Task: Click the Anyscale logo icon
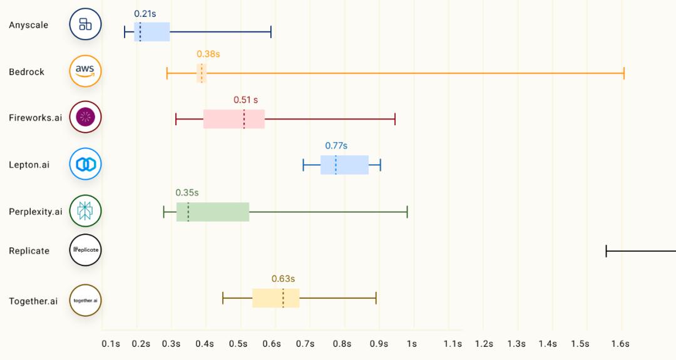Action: (85, 24)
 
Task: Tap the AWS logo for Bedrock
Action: (85, 71)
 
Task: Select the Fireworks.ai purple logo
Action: (85, 116)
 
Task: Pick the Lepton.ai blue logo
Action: (85, 164)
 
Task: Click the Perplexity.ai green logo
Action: (85, 211)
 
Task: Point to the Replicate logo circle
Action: (85, 250)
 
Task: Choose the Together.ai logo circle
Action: (85, 301)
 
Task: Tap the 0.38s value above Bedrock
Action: (208, 54)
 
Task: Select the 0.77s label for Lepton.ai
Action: (336, 145)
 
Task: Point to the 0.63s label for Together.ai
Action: (283, 279)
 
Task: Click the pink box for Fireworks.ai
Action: (233, 119)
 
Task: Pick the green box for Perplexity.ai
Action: (213, 212)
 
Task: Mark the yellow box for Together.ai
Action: (275, 298)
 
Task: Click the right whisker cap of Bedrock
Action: (624, 73)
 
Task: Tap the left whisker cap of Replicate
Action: (606, 251)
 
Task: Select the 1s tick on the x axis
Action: (411, 344)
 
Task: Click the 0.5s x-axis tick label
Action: (238, 344)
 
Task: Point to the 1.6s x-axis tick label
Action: (620, 344)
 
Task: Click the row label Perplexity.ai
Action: (36, 212)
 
